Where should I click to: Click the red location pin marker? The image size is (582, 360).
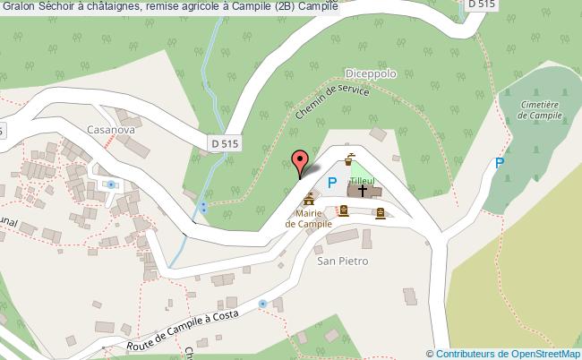coord(303,162)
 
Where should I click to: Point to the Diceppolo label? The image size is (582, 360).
coord(369,75)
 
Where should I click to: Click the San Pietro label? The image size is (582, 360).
coord(343,261)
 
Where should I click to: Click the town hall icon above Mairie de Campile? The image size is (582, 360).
coord(310,198)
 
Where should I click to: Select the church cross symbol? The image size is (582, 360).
coord(364,191)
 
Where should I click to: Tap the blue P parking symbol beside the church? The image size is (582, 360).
coord(331,184)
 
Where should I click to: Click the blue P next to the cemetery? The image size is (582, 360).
coord(500,163)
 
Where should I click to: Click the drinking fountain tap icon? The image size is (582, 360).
coord(348,162)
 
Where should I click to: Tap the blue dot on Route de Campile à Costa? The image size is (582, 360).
coord(262,304)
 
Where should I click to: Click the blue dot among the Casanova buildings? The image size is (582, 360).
coord(110,184)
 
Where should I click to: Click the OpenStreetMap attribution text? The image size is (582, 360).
coord(509,353)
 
